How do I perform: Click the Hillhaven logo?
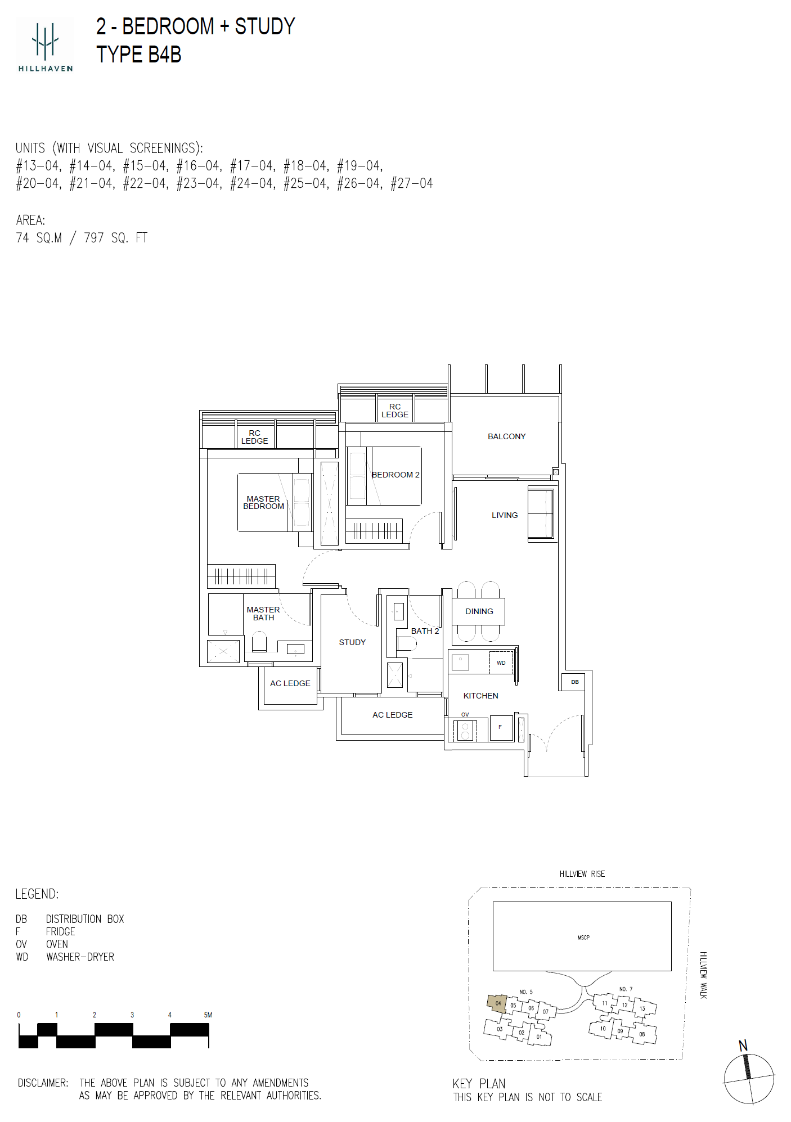[45, 45]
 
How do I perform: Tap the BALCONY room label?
[506, 436]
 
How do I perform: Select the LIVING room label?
[505, 515]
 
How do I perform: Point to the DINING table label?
[479, 611]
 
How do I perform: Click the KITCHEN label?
[480, 696]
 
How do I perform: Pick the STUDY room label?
[352, 642]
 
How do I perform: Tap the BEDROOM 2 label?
[395, 475]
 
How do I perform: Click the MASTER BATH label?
[263, 614]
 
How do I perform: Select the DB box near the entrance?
[574, 682]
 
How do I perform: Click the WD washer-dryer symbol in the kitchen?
[501, 663]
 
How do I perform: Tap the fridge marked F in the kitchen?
[501, 727]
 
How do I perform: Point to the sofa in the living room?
[541, 515]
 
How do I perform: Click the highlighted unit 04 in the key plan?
[497, 1003]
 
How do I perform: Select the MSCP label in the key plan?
[583, 938]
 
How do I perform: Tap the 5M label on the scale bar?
[208, 1015]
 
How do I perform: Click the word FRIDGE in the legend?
[61, 932]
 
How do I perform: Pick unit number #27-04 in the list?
[412, 183]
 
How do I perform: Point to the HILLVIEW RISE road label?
[582, 874]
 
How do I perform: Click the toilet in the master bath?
[259, 642]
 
